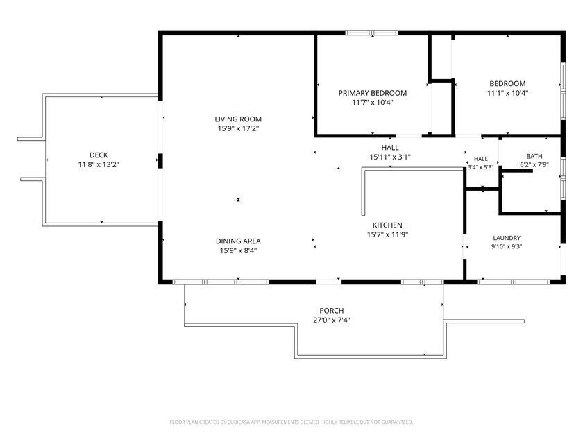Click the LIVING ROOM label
(x=238, y=119)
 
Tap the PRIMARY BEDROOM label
(x=372, y=93)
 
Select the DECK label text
(x=99, y=155)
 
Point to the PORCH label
(x=331, y=310)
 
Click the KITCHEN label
(x=387, y=225)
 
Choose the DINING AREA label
(x=238, y=241)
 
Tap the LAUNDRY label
(x=507, y=238)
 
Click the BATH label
(x=534, y=156)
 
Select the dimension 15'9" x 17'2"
(x=238, y=128)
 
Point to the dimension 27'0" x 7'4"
(x=331, y=320)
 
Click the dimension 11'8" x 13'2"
(x=99, y=164)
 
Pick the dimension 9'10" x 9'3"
(x=507, y=246)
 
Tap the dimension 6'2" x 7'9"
(x=534, y=164)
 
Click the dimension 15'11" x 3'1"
(x=389, y=157)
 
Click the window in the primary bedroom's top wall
(x=371, y=33)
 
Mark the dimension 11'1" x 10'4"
(x=507, y=93)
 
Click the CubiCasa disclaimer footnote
(x=291, y=422)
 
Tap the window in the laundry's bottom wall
(x=514, y=282)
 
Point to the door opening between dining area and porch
(x=329, y=282)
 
